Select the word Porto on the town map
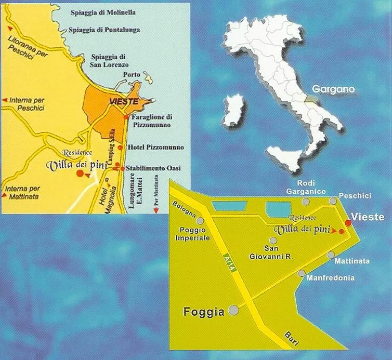(x=132, y=75)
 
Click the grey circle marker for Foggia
(x=234, y=310)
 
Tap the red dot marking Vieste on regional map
(x=348, y=222)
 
